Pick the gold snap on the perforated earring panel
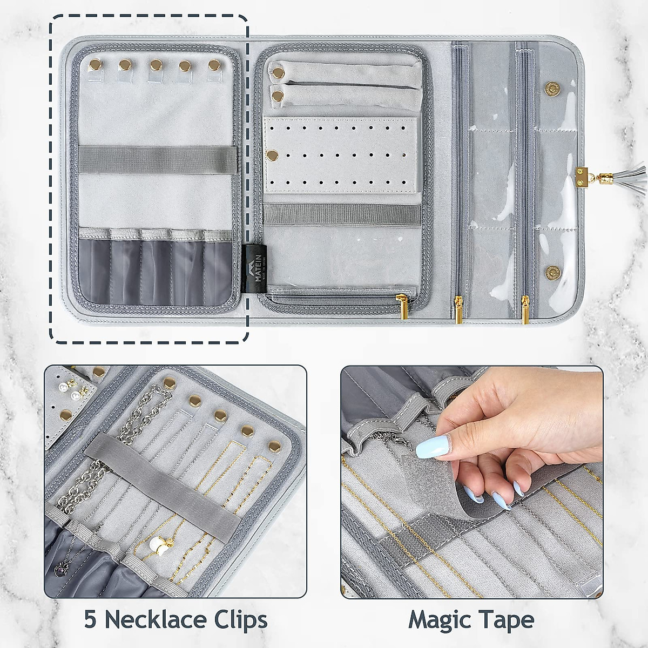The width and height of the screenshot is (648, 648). point(273,155)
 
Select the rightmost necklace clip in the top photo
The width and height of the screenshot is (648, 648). point(214,65)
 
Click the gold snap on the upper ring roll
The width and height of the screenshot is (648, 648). point(278,71)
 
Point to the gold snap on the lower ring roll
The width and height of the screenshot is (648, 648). point(278,94)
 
